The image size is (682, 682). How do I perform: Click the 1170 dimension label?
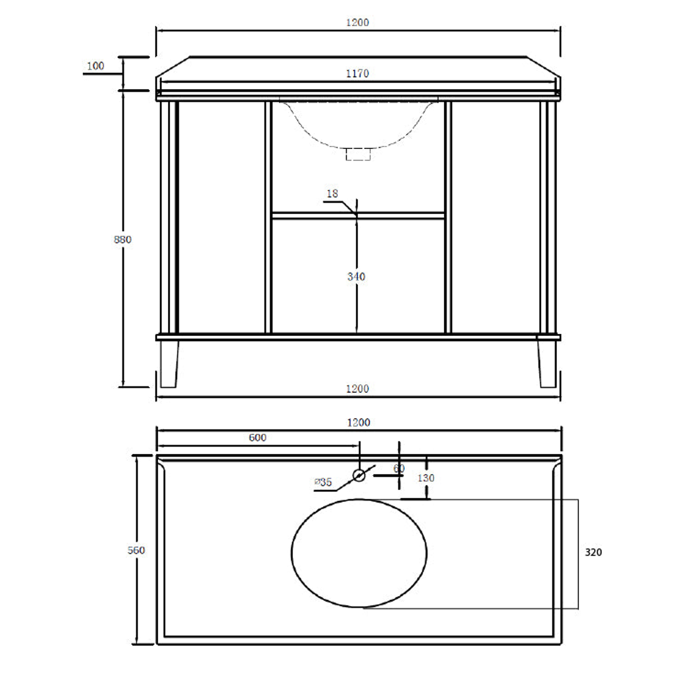[x=357, y=74]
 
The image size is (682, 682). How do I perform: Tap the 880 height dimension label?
[x=123, y=239]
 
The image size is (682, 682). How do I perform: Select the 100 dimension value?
[x=96, y=66]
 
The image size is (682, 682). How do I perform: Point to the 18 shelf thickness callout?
[x=333, y=193]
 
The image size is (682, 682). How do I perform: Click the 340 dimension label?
[x=357, y=277]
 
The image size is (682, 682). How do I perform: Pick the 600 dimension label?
[x=258, y=438]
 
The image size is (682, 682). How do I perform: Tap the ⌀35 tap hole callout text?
[x=323, y=482]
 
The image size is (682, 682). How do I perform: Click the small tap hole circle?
[x=359, y=475]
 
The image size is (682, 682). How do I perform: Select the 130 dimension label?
[x=426, y=478]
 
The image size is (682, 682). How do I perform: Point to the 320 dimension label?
[x=594, y=552]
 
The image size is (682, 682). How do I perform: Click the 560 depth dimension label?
[x=136, y=550]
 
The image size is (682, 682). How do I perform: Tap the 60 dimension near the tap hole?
[x=398, y=469]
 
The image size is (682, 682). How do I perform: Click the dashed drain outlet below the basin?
[x=358, y=154]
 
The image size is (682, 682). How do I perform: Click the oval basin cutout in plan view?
[x=359, y=553]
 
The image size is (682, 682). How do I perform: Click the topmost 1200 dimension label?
[x=357, y=22]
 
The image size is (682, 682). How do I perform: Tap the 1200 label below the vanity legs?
[x=357, y=389]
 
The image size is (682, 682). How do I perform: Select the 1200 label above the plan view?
[x=358, y=422]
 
